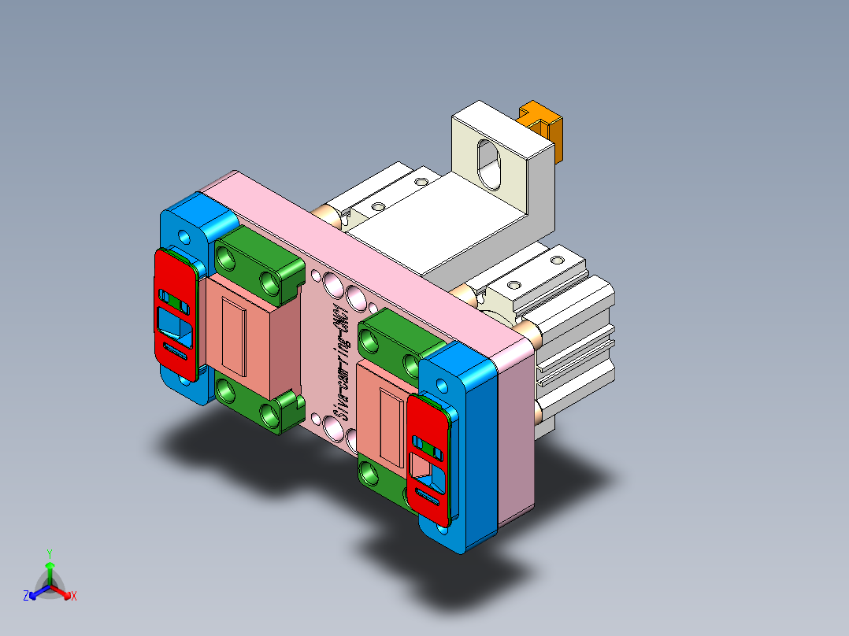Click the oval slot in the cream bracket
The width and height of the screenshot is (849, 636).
[489, 164]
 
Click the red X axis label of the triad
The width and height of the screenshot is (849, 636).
[74, 596]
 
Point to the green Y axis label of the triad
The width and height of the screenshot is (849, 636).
[49, 553]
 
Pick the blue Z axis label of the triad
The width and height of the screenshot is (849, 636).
[26, 596]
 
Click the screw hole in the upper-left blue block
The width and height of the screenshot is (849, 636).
[184, 236]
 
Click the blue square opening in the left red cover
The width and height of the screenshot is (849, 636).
[174, 324]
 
